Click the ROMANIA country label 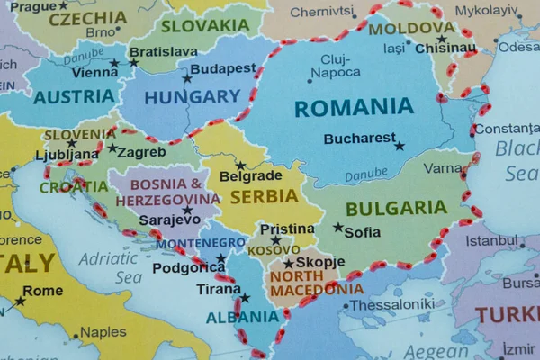tap(354, 108)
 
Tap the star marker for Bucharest tap(399, 146)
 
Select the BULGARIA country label tap(396, 208)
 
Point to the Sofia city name tap(363, 231)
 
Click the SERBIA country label tap(264, 195)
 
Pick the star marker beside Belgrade tap(240, 166)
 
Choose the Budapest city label tap(223, 68)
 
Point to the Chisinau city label tap(445, 49)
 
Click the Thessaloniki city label tap(391, 304)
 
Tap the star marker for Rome tap(20, 301)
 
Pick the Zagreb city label tap(141, 152)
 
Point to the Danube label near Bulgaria tap(366, 174)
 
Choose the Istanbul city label tap(491, 240)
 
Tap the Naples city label tap(103, 332)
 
